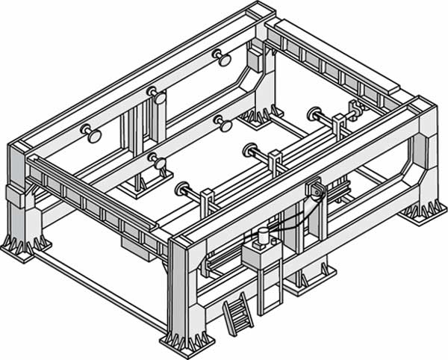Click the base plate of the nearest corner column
coord(181,340)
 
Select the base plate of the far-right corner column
coord(423,212)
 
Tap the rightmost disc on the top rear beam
coord(220,56)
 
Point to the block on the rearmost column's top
coord(255,57)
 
